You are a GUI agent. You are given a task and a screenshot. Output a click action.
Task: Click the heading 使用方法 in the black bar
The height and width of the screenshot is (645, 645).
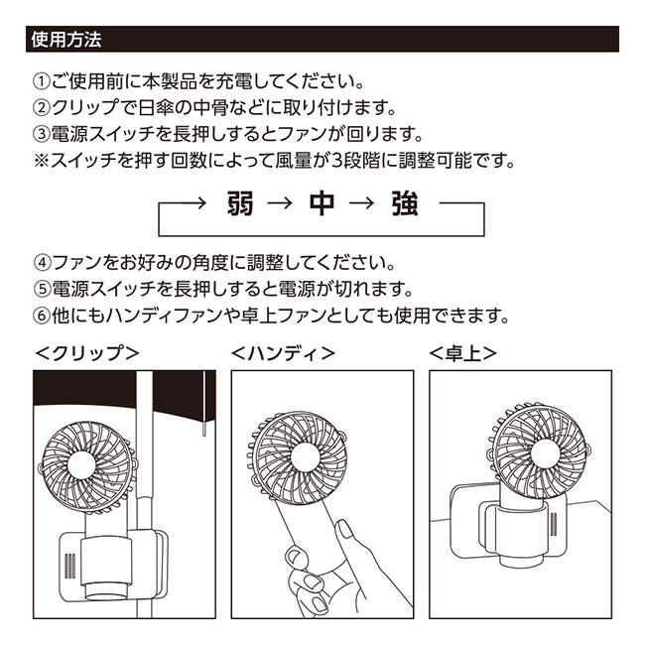click(x=66, y=41)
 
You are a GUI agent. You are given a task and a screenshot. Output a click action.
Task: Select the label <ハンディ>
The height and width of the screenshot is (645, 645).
click(x=283, y=352)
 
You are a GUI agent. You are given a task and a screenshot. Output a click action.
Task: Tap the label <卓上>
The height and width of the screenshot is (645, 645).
click(x=463, y=352)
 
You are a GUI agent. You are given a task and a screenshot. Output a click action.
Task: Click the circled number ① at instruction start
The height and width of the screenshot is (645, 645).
click(x=42, y=79)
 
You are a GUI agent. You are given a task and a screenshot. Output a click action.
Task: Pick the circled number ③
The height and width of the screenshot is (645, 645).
click(x=42, y=133)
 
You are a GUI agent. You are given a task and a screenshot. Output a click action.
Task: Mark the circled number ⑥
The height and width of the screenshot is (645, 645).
click(x=42, y=319)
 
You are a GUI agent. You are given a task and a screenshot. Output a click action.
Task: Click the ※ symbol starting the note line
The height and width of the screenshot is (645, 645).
click(x=42, y=160)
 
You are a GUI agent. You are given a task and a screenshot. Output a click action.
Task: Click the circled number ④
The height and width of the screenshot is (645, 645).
click(x=42, y=265)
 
